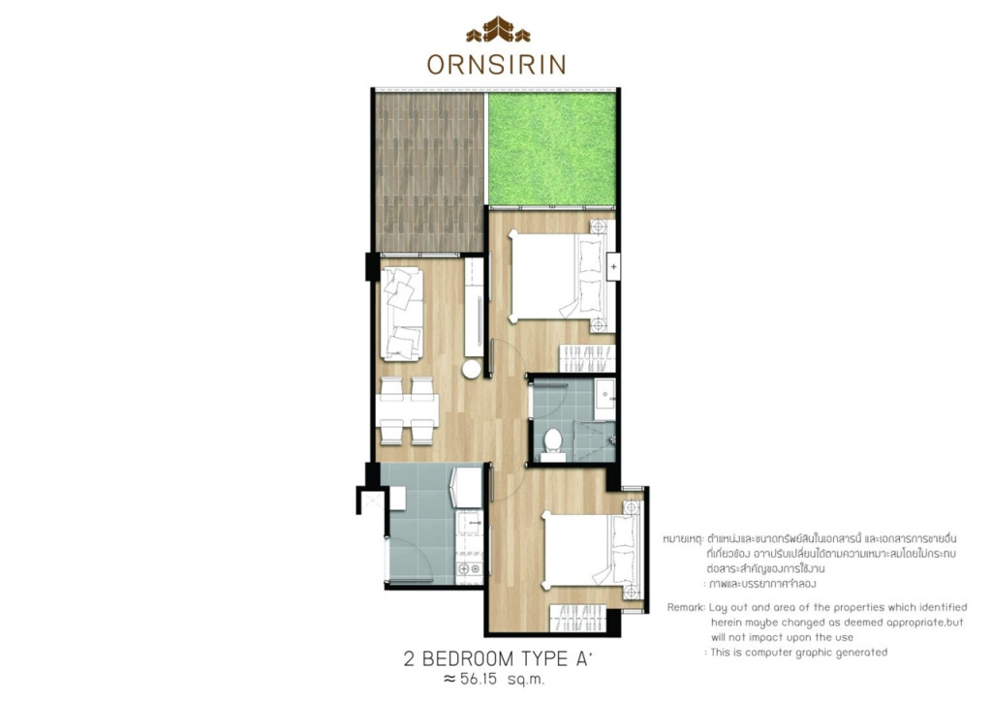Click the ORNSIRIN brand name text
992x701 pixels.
click(x=496, y=64)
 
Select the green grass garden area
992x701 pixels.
click(x=552, y=147)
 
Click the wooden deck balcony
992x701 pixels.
click(x=428, y=169)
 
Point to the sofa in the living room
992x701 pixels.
click(x=402, y=314)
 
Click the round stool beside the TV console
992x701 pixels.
click(x=472, y=369)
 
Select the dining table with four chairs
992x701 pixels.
click(x=407, y=411)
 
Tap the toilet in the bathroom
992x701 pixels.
click(x=553, y=442)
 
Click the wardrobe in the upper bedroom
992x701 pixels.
click(x=586, y=358)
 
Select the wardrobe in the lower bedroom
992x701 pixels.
click(x=577, y=618)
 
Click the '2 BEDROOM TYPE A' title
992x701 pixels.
click(x=498, y=659)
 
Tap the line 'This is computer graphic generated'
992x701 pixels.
click(x=798, y=652)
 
